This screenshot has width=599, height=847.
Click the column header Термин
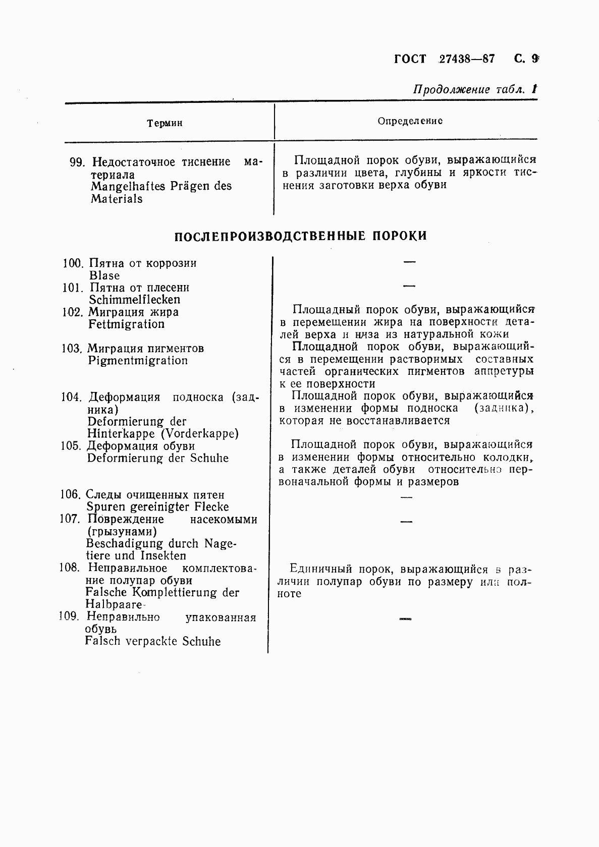coord(165,123)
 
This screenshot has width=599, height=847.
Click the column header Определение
coord(410,121)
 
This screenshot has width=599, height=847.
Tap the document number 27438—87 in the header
coord(467,59)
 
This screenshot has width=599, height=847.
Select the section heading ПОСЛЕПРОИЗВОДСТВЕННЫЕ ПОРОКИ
coord(301,236)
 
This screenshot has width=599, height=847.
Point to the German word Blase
coord(104,275)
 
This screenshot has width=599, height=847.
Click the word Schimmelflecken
coord(135,300)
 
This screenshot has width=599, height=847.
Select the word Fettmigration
coord(127,324)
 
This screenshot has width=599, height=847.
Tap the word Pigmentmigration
coord(138,360)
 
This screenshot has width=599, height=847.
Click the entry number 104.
coord(71,397)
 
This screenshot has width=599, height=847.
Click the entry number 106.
coord(70,494)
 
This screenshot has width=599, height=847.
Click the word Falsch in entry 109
coord(103,641)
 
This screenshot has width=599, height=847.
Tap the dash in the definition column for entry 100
coord(409,262)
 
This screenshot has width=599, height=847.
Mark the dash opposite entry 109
coord(405,618)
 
